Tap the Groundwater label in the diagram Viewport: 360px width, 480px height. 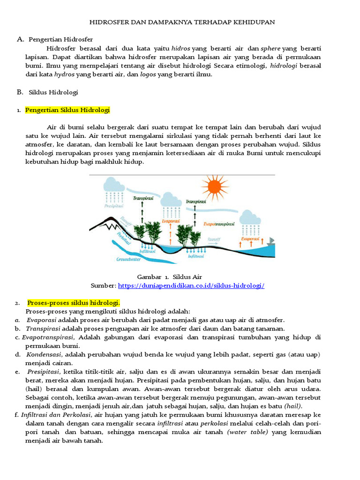pyautogui.click(x=129, y=258)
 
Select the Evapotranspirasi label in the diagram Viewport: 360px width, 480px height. pyautogui.click(x=219, y=224)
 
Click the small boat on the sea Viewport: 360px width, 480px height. pyautogui.click(x=270, y=241)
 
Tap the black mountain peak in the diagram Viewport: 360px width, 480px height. pyautogui.click(x=109, y=222)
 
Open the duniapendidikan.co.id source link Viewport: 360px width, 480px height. pyautogui.click(x=191, y=285)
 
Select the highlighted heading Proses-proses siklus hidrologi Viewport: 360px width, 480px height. pyautogui.click(x=74, y=302)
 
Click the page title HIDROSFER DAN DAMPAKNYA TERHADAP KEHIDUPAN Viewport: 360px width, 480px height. pyautogui.click(x=182, y=22)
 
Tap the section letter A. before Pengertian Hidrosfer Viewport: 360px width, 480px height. pyautogui.click(x=20, y=39)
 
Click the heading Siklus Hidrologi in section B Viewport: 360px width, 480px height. pyautogui.click(x=53, y=92)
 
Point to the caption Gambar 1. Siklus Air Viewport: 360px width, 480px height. pyautogui.click(x=169, y=277)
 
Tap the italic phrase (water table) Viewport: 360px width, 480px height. pyautogui.click(x=247, y=432)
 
